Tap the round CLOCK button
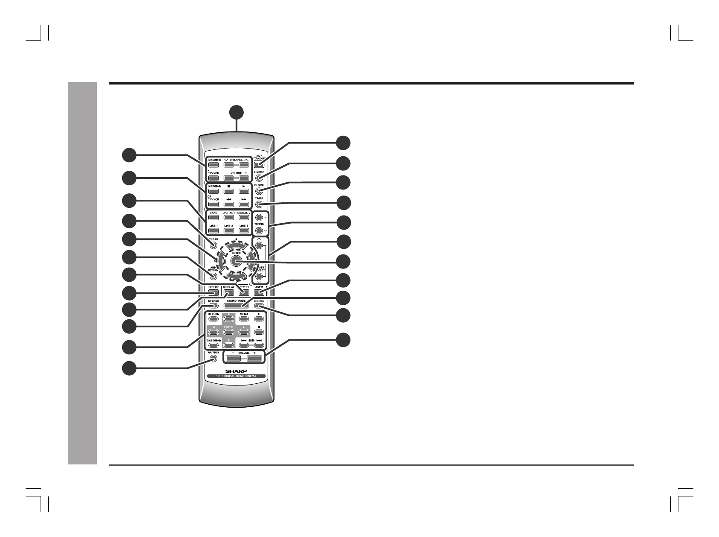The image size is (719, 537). [x=259, y=191]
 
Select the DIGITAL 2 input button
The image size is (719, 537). [x=244, y=218]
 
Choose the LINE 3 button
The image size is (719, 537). [x=244, y=231]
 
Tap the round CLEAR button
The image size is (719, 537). [x=213, y=245]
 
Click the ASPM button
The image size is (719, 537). [x=259, y=292]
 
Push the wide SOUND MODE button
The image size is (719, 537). [x=236, y=306]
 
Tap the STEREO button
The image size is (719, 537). [x=213, y=306]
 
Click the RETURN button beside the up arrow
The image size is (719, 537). [x=213, y=319]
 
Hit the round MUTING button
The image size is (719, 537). [x=213, y=359]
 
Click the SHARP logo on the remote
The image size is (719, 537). [x=236, y=371]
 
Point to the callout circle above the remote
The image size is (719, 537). [x=236, y=112]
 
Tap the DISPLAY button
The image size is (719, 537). [x=228, y=293]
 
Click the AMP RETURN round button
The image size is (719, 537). [x=213, y=276]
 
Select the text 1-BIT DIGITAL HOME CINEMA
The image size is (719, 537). [x=236, y=376]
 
